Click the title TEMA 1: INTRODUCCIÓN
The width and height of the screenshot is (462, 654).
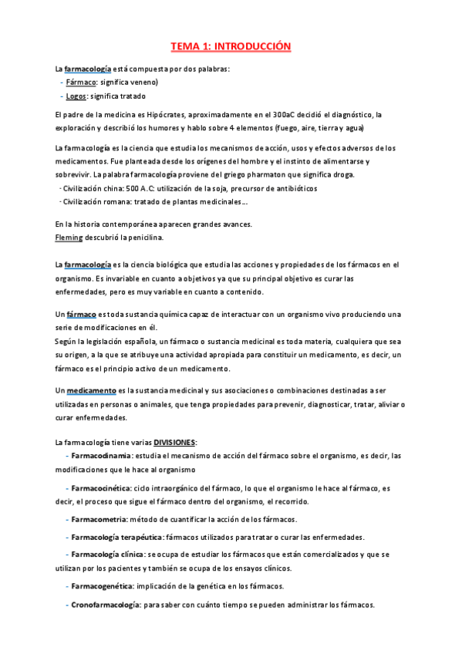(x=231, y=47)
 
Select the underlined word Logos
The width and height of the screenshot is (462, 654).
(x=77, y=96)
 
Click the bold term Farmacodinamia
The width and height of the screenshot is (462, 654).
(x=102, y=456)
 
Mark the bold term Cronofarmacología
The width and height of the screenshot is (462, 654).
(x=106, y=605)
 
